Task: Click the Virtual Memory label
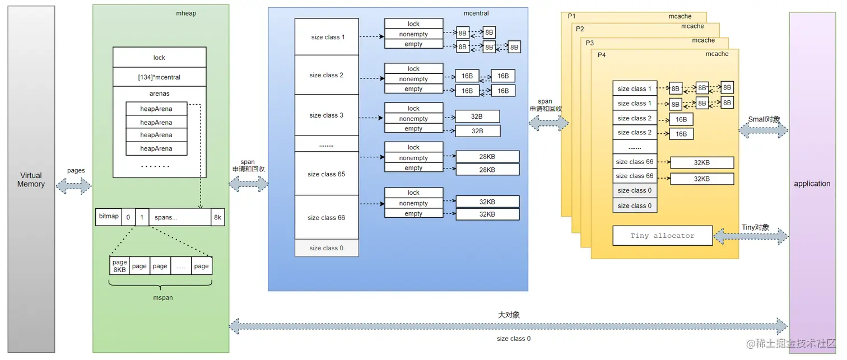coord(31,180)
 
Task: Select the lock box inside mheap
coord(159,58)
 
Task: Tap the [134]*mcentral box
coord(159,77)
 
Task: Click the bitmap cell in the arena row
coord(109,217)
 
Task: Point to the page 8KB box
coord(119,266)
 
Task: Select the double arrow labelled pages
coord(74,186)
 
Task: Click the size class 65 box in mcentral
coord(326,174)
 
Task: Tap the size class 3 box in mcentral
coord(326,115)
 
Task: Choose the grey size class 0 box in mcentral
coord(326,248)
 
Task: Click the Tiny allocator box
coord(662,236)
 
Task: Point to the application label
coord(812,184)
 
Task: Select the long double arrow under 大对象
coord(508,326)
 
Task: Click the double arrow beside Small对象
coord(764,131)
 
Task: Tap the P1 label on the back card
coord(571,16)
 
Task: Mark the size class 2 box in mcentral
coord(326,75)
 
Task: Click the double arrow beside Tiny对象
coord(751,237)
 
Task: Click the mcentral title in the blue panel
coord(476,13)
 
